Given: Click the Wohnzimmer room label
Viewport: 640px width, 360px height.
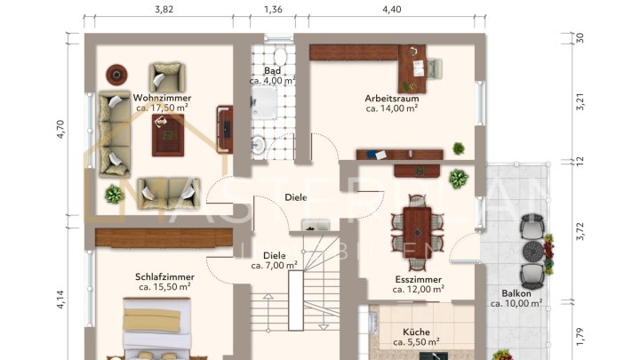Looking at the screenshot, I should click(x=162, y=98).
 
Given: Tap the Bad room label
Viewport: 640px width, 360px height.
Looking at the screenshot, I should click(x=273, y=70).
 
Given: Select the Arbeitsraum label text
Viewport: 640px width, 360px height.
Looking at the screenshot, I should click(x=391, y=98).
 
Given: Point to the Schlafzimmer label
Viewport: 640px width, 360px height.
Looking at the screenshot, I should click(x=164, y=276).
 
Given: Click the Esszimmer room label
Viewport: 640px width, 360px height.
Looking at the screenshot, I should click(x=420, y=278).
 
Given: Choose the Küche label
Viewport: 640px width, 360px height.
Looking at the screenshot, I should click(x=417, y=330).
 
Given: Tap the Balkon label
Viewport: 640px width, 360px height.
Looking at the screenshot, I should click(x=516, y=292).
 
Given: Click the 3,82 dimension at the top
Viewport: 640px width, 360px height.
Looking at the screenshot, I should click(x=164, y=10).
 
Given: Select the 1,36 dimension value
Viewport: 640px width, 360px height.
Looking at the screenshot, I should click(x=274, y=10).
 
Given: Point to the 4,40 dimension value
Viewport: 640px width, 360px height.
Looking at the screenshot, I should click(x=392, y=10).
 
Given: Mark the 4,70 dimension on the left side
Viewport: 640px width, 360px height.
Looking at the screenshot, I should click(x=60, y=130).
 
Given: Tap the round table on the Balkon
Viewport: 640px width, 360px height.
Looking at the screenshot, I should click(x=532, y=249).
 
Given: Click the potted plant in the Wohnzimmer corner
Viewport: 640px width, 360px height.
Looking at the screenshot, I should click(x=114, y=193).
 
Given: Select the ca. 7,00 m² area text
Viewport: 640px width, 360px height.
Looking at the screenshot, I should click(x=274, y=265).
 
